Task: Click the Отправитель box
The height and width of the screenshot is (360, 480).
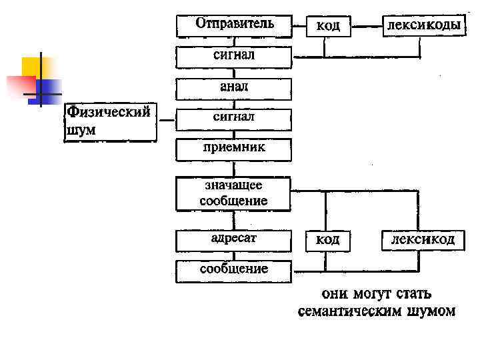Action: pos(234,25)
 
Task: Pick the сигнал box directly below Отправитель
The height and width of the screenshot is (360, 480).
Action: pos(234,56)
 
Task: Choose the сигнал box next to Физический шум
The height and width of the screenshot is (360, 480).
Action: pos(234,119)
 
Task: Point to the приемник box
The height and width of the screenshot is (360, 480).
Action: pos(234,149)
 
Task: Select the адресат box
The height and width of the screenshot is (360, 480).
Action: pos(234,239)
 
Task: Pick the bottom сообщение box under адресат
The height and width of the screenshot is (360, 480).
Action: pos(234,271)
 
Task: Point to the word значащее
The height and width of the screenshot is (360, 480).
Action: pos(234,186)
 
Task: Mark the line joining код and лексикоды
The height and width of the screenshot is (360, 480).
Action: pos(365,27)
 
